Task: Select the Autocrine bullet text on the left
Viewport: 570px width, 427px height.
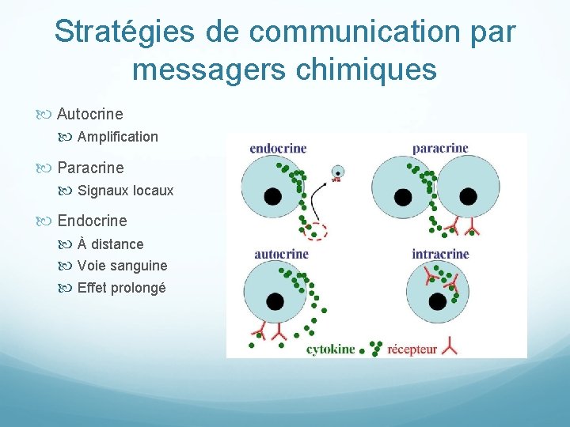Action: pos(89,114)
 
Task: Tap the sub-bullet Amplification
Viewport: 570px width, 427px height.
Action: pos(117,137)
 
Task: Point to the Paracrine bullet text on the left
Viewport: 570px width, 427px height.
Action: pos(90,168)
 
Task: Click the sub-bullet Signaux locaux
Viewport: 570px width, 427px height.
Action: pos(125,191)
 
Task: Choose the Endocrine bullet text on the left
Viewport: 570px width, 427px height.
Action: pos(92,221)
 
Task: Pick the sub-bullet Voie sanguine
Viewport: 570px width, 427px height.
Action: pos(122,266)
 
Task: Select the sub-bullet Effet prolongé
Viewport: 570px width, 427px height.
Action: pos(121,288)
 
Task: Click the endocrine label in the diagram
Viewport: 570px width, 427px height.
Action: pos(278,148)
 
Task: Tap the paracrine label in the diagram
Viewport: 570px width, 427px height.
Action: pos(440,148)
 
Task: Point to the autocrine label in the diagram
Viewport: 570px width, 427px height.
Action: pos(281,254)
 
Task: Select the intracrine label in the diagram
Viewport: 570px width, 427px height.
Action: pos(440,254)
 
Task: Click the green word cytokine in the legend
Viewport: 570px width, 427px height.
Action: pos(330,350)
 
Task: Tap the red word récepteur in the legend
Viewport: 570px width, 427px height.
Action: pos(412,350)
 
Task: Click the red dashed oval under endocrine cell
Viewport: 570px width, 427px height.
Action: pos(316,231)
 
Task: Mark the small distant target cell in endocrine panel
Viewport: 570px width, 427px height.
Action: pos(338,172)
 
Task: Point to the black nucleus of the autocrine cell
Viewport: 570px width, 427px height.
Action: pos(275,301)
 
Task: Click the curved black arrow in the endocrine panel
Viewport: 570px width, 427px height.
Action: pos(317,198)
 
